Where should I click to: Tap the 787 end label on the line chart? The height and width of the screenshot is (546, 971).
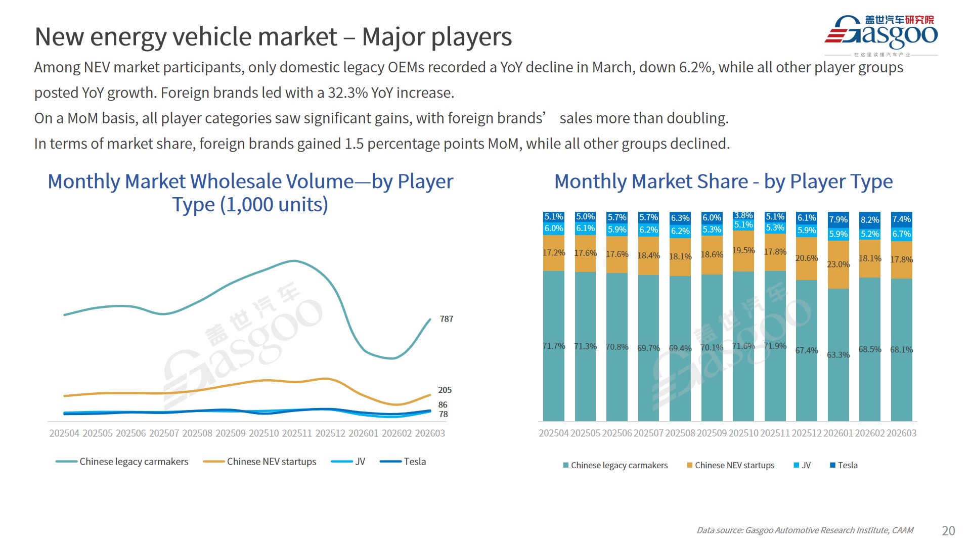tap(446, 319)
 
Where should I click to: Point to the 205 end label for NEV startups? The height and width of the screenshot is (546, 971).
tap(445, 390)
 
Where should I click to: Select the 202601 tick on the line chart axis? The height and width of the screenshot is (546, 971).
tap(363, 433)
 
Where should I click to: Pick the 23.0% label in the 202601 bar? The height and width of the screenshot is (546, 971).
tap(838, 264)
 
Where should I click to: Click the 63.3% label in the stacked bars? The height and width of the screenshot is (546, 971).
tap(838, 355)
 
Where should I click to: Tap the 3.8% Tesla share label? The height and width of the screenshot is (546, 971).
tap(743, 216)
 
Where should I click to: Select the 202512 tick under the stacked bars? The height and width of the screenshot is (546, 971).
tap(807, 433)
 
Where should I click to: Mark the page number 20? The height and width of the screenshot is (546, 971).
tap(948, 530)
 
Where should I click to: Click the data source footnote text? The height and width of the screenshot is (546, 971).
tap(805, 530)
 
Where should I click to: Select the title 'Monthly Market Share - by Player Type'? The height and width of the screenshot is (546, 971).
tap(723, 181)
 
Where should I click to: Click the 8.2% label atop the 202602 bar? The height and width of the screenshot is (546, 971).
tap(869, 220)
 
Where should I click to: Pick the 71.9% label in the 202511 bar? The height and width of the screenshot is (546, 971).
tap(775, 346)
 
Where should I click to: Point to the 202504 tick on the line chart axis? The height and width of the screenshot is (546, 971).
tap(64, 433)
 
